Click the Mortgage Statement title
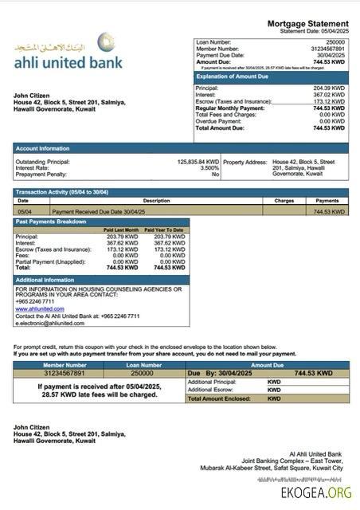pos(307,25)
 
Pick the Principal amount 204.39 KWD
pos(329,88)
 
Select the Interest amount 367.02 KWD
pos(329,95)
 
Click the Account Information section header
pos(43,148)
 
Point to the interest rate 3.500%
pos(209,168)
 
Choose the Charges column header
pos(284,201)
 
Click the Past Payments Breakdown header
pos(51,222)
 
